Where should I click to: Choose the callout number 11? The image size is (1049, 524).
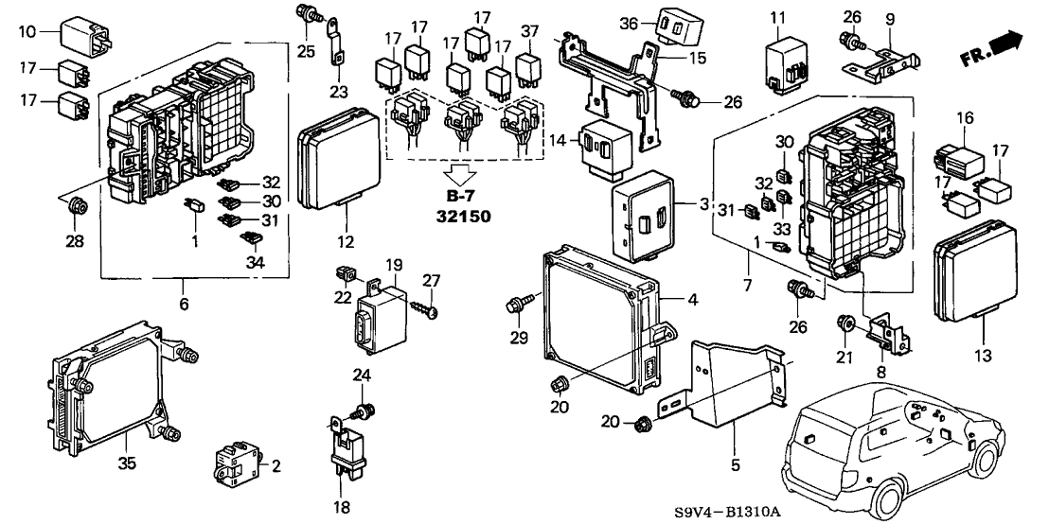pyautogui.click(x=777, y=18)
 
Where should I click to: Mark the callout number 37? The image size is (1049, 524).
pyautogui.click(x=529, y=30)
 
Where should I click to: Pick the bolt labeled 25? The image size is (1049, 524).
pyautogui.click(x=307, y=14)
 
